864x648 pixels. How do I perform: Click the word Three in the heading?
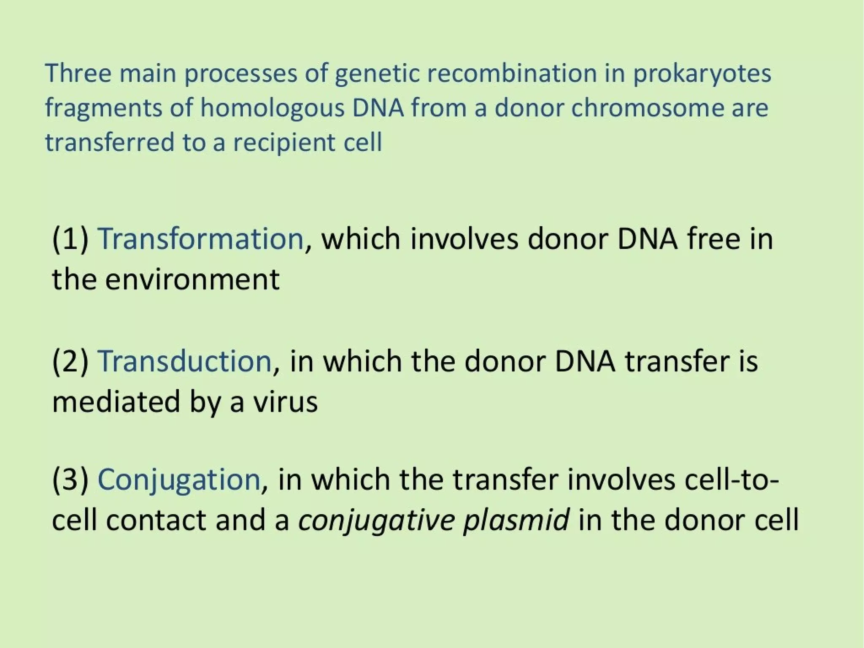[x=78, y=73]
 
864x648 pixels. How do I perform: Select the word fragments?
[x=103, y=108]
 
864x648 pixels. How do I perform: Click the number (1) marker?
[x=70, y=239]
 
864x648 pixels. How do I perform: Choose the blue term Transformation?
[x=200, y=239]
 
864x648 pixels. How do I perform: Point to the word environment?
[x=192, y=279]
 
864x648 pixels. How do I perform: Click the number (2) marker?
[x=70, y=361]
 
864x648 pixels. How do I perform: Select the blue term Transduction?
[x=184, y=361]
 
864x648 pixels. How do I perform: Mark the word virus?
[x=285, y=401]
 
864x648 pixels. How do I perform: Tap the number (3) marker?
[x=70, y=480]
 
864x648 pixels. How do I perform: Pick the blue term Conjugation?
[x=179, y=480]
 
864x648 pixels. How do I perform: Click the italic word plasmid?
[x=516, y=520]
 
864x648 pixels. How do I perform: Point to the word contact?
[x=156, y=520]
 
